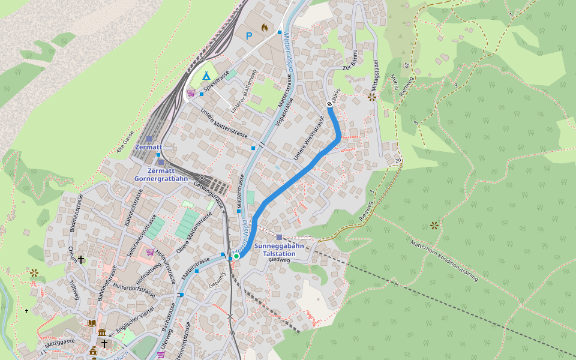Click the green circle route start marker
pyautogui.click(x=236, y=256)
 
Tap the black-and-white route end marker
pyautogui.click(x=329, y=104)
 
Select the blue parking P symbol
pyautogui.click(x=249, y=36)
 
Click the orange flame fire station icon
pyautogui.click(x=265, y=28)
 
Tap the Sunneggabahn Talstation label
pyautogui.click(x=279, y=250)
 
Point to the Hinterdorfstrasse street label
pyautogui.click(x=133, y=292)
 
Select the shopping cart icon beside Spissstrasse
pyautogui.click(x=191, y=93)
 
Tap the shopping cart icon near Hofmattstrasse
pyautogui.click(x=149, y=252)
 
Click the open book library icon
pyautogui.click(x=91, y=323)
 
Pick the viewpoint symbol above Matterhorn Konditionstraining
pyautogui.click(x=434, y=226)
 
